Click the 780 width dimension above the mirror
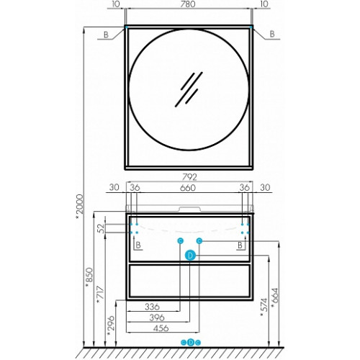188,4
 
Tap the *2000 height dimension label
79,207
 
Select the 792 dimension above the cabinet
189,177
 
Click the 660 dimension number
188,188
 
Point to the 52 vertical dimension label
102,228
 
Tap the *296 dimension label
111,326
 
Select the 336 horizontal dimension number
152,307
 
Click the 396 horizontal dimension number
157,318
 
